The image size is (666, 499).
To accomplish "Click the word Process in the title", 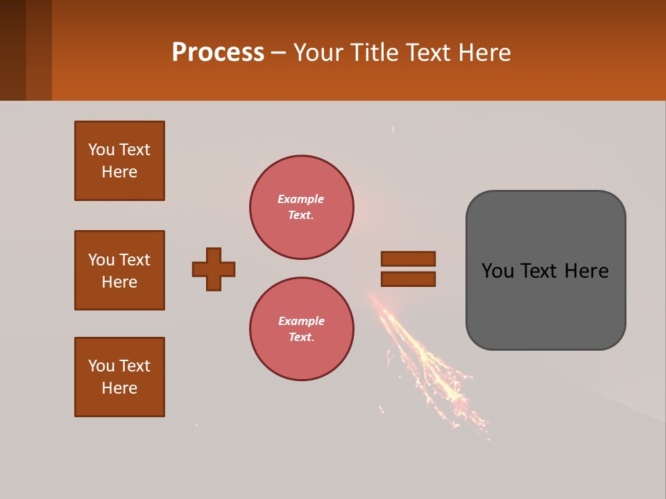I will pyautogui.click(x=218, y=53).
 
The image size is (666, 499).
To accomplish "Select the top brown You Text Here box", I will pyautogui.click(x=119, y=161).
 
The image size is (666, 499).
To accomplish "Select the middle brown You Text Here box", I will pyautogui.click(x=119, y=270).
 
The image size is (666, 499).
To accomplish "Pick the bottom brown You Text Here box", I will pyautogui.click(x=119, y=377).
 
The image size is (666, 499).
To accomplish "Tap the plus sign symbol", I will pyautogui.click(x=214, y=269).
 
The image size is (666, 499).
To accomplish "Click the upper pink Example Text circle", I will pyautogui.click(x=301, y=207).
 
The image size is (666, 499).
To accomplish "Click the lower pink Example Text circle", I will pyautogui.click(x=301, y=329).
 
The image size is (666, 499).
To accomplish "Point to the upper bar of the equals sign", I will pyautogui.click(x=408, y=259).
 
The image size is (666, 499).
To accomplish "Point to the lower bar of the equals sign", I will pyautogui.click(x=408, y=279).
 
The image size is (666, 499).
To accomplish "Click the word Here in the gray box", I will pyautogui.click(x=586, y=271).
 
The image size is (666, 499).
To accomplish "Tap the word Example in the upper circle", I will pyautogui.click(x=301, y=199).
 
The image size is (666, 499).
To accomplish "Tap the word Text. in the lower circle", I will pyautogui.click(x=301, y=337).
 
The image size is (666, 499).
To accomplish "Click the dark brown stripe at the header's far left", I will pyautogui.click(x=12, y=50).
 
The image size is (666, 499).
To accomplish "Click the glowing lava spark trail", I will pyautogui.click(x=423, y=360).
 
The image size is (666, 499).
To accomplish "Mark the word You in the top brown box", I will pyautogui.click(x=101, y=150).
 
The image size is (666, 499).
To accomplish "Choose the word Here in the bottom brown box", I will pyautogui.click(x=119, y=388).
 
